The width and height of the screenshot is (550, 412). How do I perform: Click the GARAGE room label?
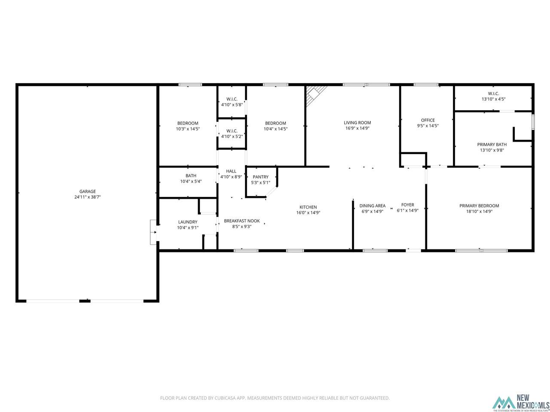coord(88,191)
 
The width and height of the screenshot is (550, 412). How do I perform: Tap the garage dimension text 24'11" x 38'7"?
coord(88,197)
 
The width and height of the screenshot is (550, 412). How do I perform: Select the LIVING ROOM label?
coord(357,123)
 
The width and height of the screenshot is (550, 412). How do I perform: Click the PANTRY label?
coord(260,177)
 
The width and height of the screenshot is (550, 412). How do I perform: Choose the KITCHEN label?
coord(308,207)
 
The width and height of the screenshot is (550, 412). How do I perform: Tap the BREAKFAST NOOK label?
coord(241,221)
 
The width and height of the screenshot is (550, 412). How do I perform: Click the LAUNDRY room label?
coord(188,222)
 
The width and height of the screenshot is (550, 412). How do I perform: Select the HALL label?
coord(231,171)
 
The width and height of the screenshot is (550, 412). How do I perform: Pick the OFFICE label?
coord(428,120)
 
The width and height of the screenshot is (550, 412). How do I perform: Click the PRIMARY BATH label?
coord(492,144)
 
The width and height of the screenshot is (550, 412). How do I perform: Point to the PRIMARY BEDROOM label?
coord(479,206)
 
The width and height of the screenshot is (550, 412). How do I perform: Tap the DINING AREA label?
coord(373,206)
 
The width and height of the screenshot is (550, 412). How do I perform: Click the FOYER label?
coord(407,205)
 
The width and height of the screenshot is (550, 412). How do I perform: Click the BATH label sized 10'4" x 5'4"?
coord(191,176)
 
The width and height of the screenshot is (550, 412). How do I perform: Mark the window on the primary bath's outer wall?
coord(533,122)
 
